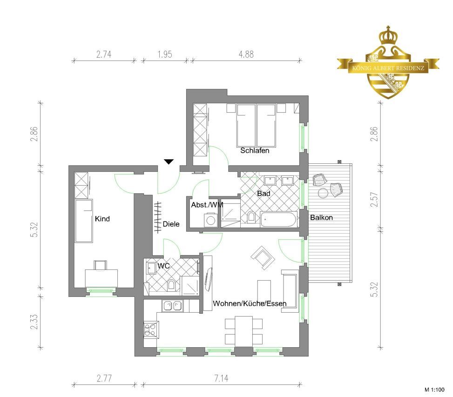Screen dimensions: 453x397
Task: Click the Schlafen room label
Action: (255, 150)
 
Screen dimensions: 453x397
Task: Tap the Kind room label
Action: (102, 219)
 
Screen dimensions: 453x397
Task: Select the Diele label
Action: (171, 224)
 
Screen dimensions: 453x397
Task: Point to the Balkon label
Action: (321, 217)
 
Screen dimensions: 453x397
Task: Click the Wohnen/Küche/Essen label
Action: (250, 303)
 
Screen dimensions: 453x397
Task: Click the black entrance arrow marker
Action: (169, 161)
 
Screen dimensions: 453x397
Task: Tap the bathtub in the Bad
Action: (279, 219)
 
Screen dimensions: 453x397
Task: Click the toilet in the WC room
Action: (171, 285)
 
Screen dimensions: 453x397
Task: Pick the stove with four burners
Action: (150, 330)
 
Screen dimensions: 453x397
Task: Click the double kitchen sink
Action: (172, 306)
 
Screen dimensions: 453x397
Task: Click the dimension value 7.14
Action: (221, 378)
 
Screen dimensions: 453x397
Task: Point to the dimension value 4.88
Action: (246, 54)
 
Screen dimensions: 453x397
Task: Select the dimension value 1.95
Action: (165, 54)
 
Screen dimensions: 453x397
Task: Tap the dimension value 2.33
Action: (34, 322)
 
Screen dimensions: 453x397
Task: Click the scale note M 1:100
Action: (434, 390)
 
